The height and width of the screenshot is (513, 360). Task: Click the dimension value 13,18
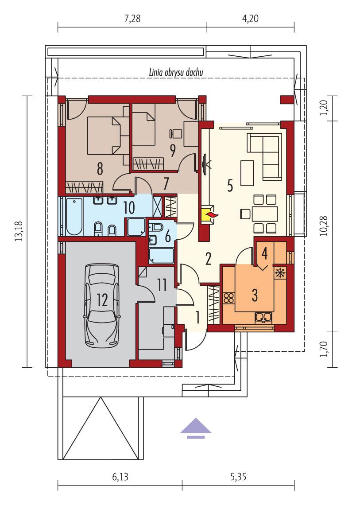click(x=18, y=231)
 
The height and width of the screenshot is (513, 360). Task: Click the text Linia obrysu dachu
click(x=176, y=72)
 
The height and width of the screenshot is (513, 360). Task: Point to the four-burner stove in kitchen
click(x=229, y=298)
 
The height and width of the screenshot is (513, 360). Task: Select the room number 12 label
click(x=102, y=300)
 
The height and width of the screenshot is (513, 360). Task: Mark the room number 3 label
click(x=255, y=295)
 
